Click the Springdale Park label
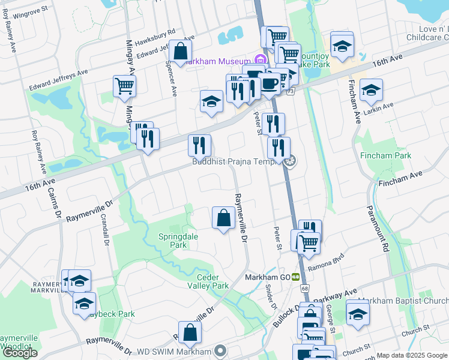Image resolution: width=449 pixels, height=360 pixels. [x=178, y=241]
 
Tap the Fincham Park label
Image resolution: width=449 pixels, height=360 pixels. [x=385, y=155]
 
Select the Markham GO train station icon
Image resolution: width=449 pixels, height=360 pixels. [x=295, y=277]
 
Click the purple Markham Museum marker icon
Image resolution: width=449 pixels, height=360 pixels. [x=259, y=60]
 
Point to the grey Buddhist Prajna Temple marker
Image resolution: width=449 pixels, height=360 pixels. [x=292, y=161]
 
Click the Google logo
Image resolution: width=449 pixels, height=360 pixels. [x=20, y=353]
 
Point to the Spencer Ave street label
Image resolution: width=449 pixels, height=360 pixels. [x=170, y=79]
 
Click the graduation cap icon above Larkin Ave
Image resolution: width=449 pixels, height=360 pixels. [x=371, y=91]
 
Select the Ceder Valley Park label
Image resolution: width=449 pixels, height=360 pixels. [x=213, y=281]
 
